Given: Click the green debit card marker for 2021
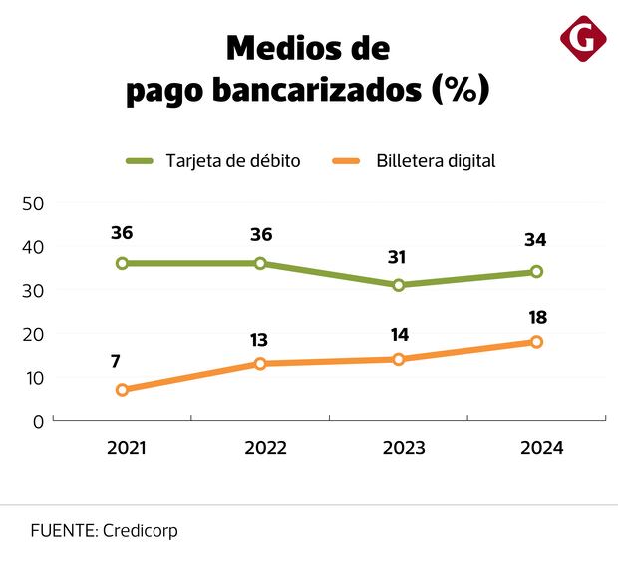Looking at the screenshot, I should pyautogui.click(x=122, y=263).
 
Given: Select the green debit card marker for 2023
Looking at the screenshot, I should pyautogui.click(x=398, y=285).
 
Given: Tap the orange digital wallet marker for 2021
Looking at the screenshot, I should pyautogui.click(x=122, y=390).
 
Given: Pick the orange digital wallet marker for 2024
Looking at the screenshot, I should pyautogui.click(x=536, y=342).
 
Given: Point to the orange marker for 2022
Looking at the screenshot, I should pyautogui.click(x=260, y=364).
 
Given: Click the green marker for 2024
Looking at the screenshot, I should pyautogui.click(x=536, y=271).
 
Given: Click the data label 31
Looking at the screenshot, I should pyautogui.click(x=398, y=257).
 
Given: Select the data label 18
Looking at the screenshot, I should pyautogui.click(x=536, y=317).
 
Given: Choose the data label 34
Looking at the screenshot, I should pyautogui.click(x=536, y=240).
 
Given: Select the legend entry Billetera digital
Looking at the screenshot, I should pyautogui.click(x=436, y=160).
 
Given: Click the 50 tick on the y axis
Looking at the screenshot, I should pyautogui.click(x=33, y=203).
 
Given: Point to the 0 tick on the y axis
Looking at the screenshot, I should pyautogui.click(x=38, y=422).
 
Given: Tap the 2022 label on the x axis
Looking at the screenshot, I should pyautogui.click(x=265, y=448).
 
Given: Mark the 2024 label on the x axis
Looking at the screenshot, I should pyautogui.click(x=541, y=448).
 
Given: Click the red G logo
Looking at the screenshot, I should pyautogui.click(x=583, y=39).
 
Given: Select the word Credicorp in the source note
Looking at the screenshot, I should pyautogui.click(x=140, y=531).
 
